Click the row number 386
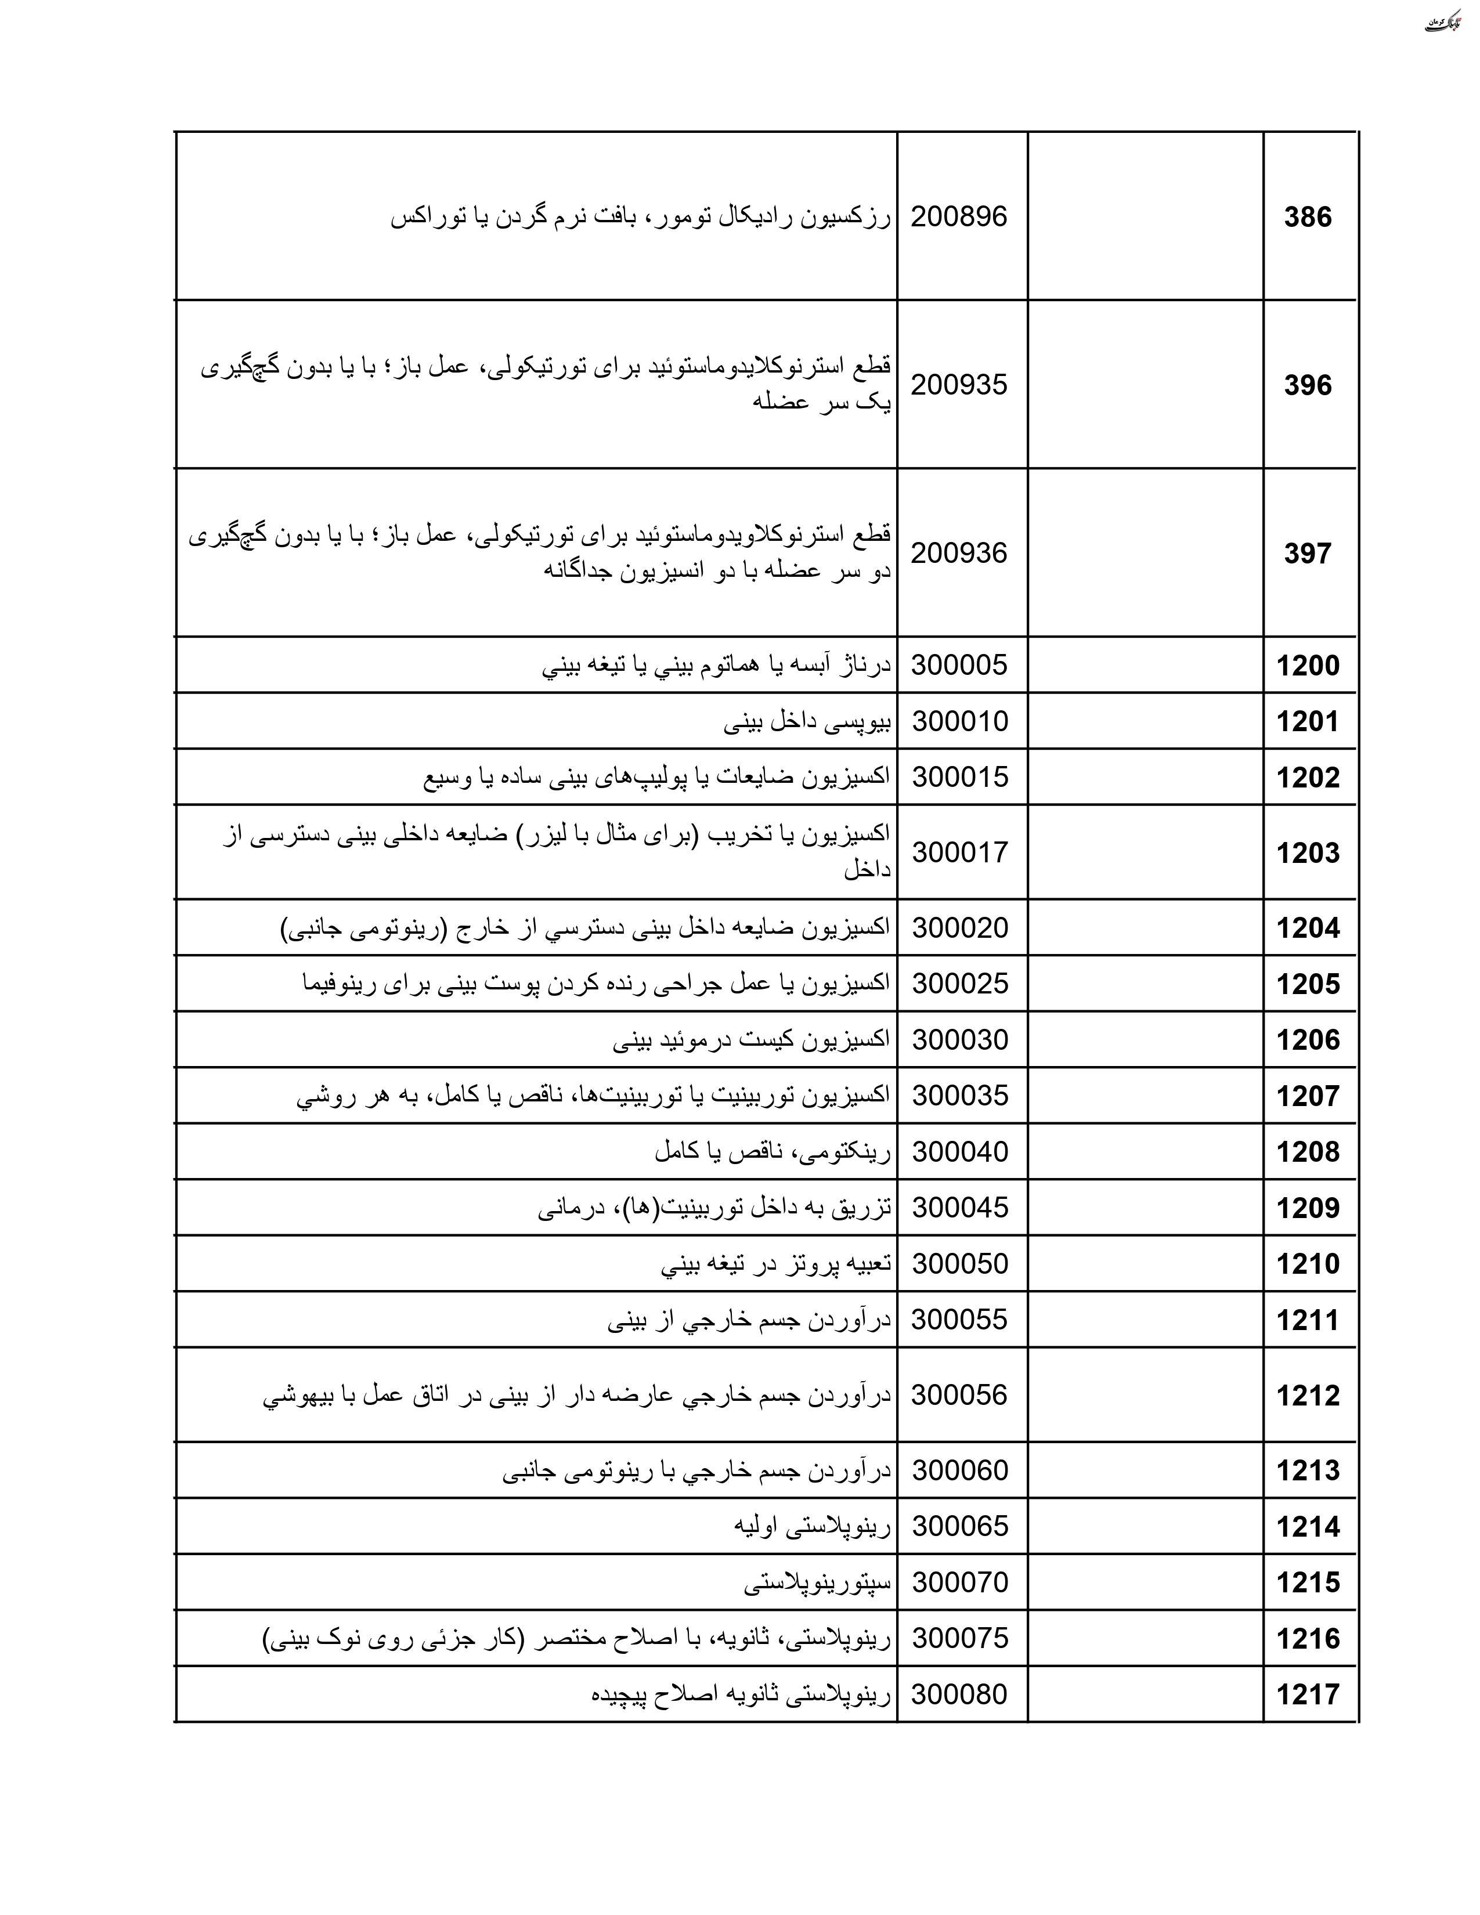point(1307,216)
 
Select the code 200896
point(959,216)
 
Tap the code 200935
point(959,385)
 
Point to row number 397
point(1307,553)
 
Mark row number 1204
point(1307,928)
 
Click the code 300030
point(960,1040)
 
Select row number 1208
point(1307,1152)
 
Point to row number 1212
point(1307,1396)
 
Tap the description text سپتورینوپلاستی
point(817,1582)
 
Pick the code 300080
point(959,1694)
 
